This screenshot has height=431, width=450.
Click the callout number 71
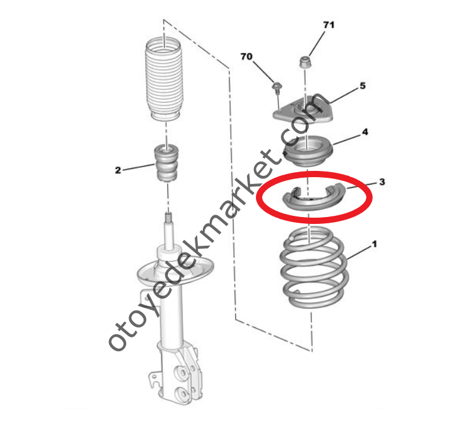pyautogui.click(x=329, y=25)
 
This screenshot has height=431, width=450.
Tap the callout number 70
pyautogui.click(x=247, y=57)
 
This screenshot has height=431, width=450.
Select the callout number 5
pyautogui.click(x=363, y=85)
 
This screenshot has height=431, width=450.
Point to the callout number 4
pyautogui.click(x=364, y=132)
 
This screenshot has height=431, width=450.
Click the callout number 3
pyautogui.click(x=382, y=182)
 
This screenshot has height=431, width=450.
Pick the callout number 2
pyautogui.click(x=118, y=170)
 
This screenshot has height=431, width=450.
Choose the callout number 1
pyautogui.click(x=374, y=244)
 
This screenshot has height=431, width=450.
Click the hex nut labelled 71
pyautogui.click(x=305, y=62)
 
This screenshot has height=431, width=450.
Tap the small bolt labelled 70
pyautogui.click(x=277, y=87)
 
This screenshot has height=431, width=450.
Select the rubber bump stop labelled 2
pyautogui.click(x=167, y=163)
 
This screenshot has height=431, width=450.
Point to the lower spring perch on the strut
pyautogui.click(x=175, y=270)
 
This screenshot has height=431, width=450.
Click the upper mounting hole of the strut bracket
pyautogui.click(x=180, y=372)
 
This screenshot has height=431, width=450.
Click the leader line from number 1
pyautogui.click(x=359, y=253)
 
